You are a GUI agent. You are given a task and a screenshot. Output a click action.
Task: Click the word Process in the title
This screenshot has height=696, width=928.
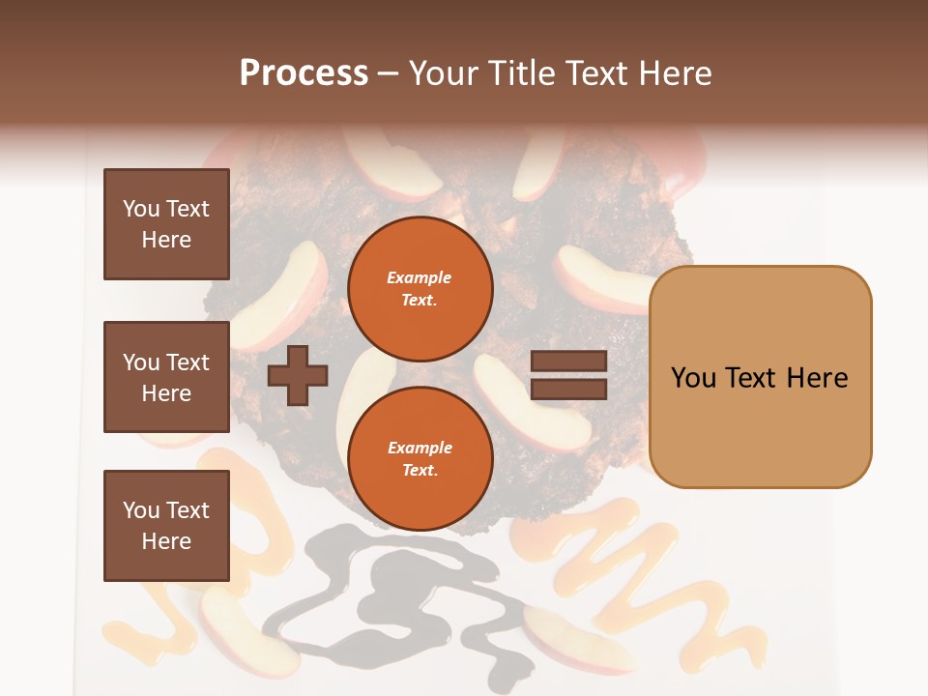click(x=304, y=73)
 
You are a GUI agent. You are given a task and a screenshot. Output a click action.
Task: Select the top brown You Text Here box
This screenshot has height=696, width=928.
click(x=166, y=224)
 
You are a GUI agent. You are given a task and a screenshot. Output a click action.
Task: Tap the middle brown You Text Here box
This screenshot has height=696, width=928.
click(x=166, y=377)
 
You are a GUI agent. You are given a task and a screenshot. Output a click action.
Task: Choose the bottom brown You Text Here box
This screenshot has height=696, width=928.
click(x=166, y=525)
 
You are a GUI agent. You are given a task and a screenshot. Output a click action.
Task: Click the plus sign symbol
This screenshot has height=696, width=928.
click(x=298, y=376)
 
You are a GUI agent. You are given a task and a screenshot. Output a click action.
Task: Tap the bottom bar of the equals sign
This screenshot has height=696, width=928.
click(x=568, y=389)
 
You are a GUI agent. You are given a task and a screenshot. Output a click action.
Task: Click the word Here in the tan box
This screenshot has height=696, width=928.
click(x=817, y=377)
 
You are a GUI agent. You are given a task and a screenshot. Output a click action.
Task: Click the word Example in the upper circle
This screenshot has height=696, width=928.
click(x=420, y=277)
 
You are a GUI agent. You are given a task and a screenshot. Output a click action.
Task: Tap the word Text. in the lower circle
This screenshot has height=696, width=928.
click(x=420, y=470)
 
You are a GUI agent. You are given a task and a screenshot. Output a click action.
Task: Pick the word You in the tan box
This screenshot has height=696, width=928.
click(x=692, y=377)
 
